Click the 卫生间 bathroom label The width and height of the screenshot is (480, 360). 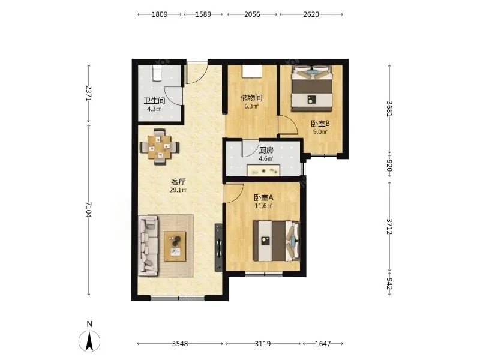pos(155,101)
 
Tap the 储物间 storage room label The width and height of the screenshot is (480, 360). pos(251,98)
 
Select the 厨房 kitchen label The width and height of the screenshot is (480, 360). pos(266,151)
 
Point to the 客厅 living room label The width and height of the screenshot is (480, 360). pos(178,182)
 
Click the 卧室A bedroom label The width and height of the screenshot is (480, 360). pos(263,198)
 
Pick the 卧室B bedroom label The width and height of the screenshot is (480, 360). pos(320,124)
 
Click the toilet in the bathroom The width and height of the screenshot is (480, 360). pos(157,73)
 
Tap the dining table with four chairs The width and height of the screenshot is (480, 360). pos(160,147)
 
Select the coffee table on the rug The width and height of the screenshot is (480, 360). pos(175,247)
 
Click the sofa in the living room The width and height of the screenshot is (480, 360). pos(148,245)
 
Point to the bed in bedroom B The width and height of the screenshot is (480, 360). pos(311,88)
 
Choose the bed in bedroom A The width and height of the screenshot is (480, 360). pos(277,241)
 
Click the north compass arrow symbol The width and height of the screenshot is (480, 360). pos(89,341)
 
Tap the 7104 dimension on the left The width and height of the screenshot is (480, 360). pos(88,209)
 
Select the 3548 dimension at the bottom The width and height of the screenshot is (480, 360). pos(179,344)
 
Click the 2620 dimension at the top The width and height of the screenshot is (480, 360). pos(311,14)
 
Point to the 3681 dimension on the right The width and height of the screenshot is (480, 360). pos(389,109)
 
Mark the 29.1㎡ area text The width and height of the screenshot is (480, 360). pos(178,190)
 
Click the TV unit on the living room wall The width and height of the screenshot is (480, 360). pos(218,247)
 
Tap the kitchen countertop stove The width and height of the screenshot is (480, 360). pos(263,170)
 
